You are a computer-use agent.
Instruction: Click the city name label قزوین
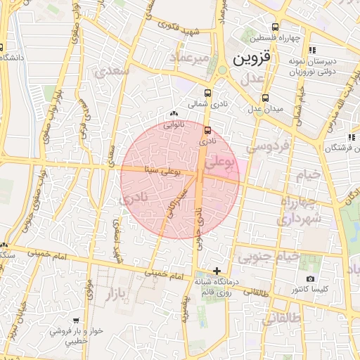coord(250,56)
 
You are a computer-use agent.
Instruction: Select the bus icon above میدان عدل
coord(265,98)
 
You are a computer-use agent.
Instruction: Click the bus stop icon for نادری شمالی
coord(207,93)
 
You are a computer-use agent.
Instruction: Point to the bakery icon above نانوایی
coord(174,114)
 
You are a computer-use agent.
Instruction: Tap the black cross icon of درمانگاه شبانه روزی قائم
coord(217,271)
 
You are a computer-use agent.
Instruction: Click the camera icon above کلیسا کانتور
coord(311,279)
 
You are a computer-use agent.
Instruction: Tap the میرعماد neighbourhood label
coord(195,56)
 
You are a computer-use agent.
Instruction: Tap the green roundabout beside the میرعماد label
coord(222,70)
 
